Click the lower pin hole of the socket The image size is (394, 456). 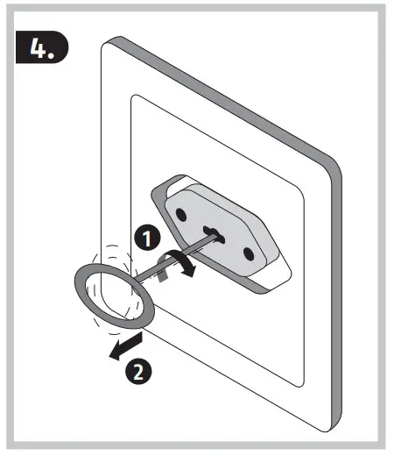(x=248, y=253)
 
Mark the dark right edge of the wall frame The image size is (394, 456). (x=337, y=263)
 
